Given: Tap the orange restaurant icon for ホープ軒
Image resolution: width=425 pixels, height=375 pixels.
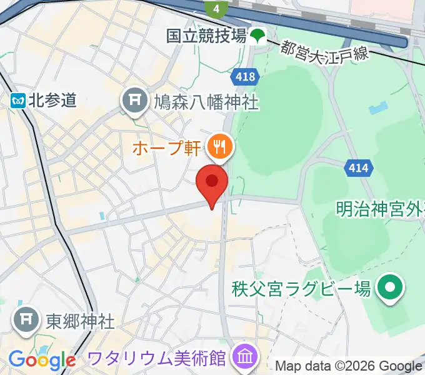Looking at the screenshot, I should click(219, 147).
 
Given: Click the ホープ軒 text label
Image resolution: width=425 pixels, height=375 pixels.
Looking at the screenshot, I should click(166, 148).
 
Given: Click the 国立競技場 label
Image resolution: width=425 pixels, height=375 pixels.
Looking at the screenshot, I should click(206, 36).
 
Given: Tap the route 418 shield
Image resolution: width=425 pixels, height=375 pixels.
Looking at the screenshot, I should click(246, 77).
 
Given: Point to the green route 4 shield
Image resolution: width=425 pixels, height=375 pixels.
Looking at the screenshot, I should click(216, 8).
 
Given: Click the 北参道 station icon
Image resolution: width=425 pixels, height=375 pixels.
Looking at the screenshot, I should click(17, 100).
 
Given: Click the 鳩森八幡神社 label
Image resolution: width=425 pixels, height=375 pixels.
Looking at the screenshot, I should click(206, 102).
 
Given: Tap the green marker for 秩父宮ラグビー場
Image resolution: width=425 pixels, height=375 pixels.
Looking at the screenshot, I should click(392, 288).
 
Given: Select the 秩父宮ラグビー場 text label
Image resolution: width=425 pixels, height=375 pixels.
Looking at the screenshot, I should click(301, 289).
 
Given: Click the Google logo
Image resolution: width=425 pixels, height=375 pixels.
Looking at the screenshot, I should click(41, 360).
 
